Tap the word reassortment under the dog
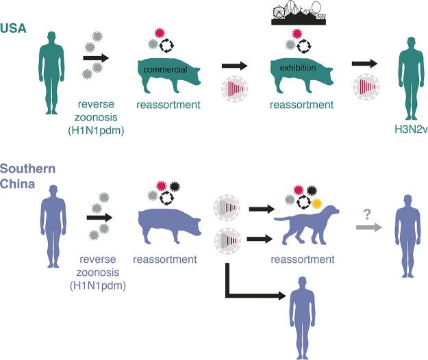303,260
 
